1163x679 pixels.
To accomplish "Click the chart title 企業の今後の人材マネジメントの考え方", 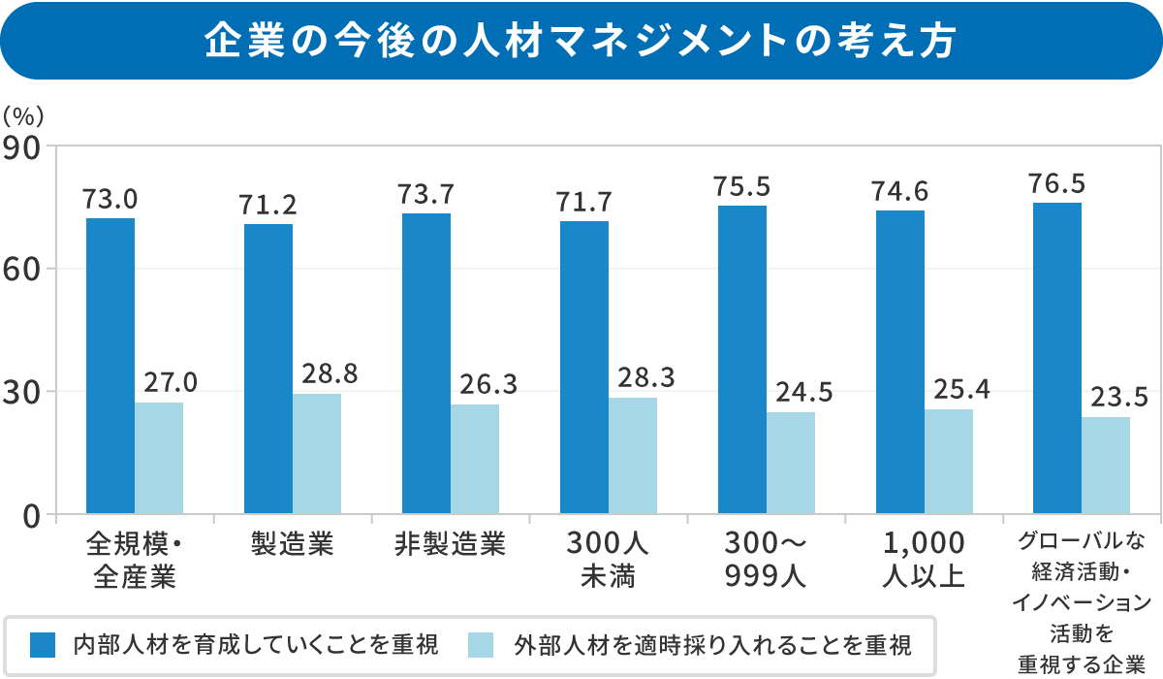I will tap(581, 41).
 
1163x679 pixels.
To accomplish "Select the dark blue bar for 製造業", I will tap(268, 369).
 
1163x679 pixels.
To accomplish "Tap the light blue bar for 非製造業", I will tap(475, 459).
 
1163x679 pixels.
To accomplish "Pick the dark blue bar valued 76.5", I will tap(1057, 358).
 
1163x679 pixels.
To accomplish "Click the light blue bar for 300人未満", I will tap(633, 455).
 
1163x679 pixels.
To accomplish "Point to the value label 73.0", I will tap(110, 200).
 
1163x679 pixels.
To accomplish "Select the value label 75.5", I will tap(741, 185).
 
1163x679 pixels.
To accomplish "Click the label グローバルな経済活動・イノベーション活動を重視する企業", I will tap(1081, 602).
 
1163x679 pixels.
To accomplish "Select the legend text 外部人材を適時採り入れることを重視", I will tap(712, 644).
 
